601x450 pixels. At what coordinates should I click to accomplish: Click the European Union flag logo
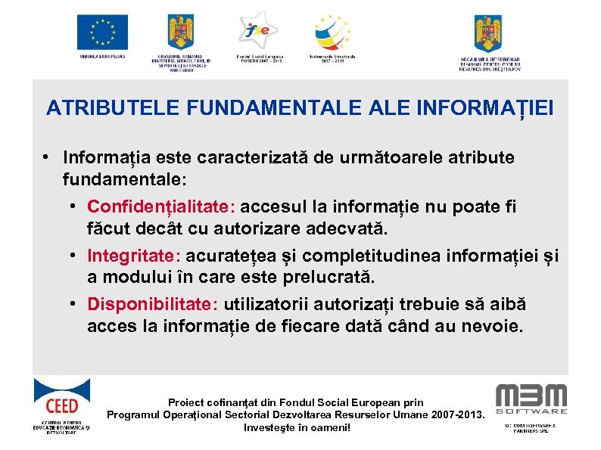point(101,32)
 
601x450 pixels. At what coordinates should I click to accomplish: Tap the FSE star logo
point(257,30)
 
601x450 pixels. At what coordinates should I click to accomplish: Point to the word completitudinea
point(369,256)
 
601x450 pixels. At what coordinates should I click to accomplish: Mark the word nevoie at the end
point(497,327)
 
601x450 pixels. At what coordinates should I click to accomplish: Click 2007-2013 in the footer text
point(453,415)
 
